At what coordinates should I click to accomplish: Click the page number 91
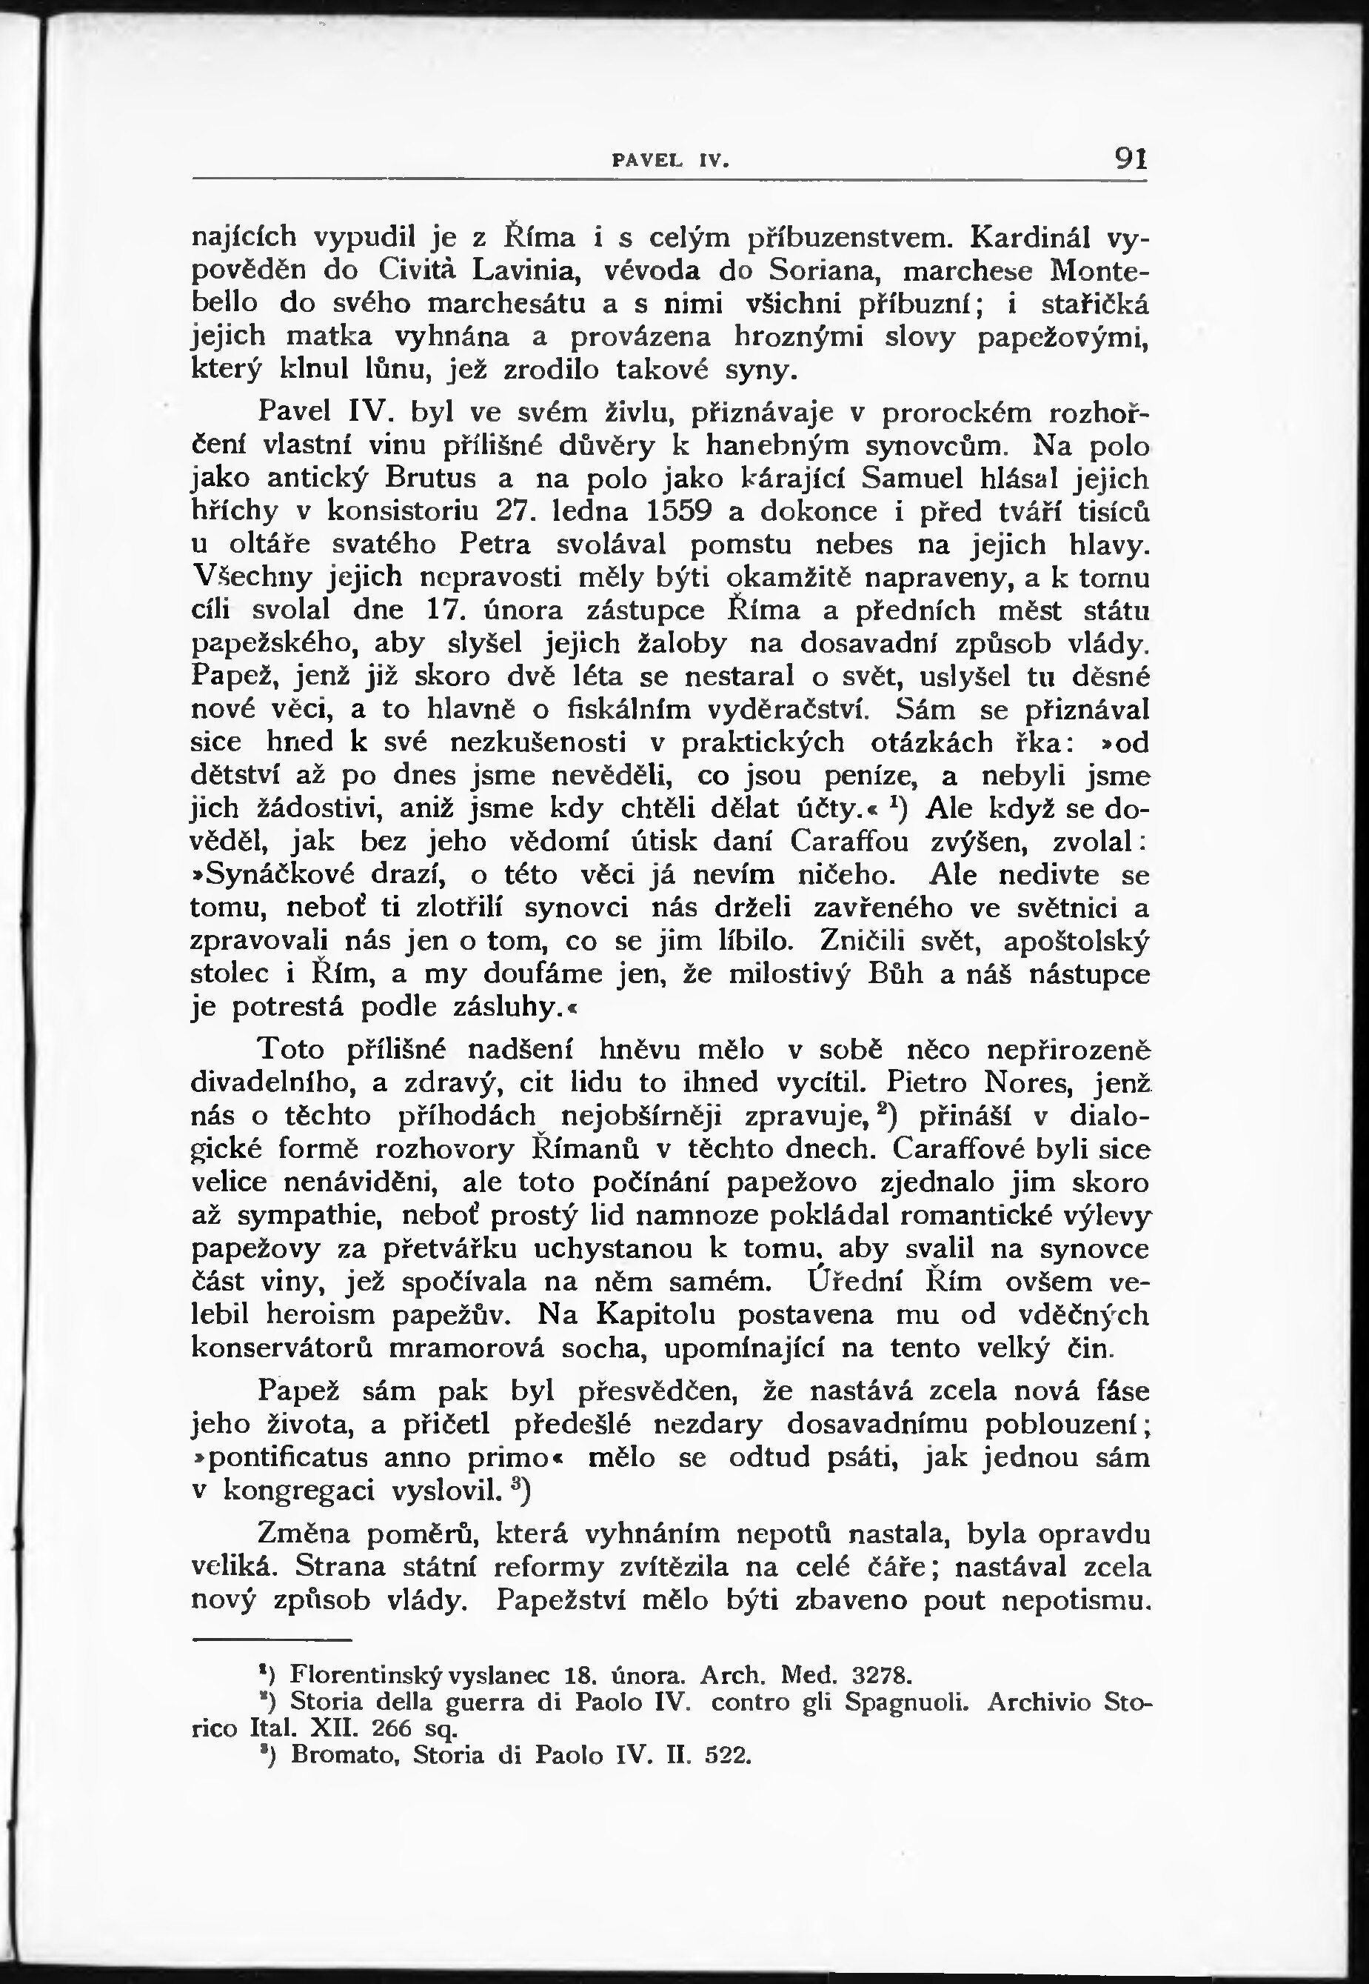[x=1131, y=159]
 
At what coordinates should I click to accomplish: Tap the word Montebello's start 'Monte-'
[x=1099, y=270]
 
